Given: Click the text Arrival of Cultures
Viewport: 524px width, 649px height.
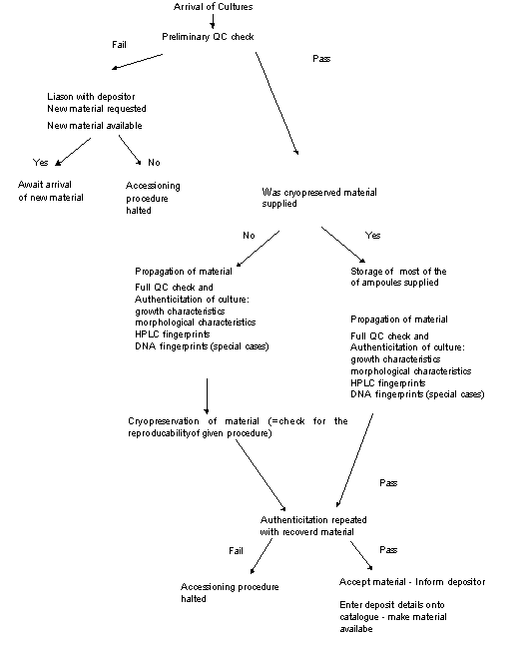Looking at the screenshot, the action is [x=213, y=7].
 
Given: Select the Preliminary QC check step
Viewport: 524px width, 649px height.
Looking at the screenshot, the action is [x=208, y=37].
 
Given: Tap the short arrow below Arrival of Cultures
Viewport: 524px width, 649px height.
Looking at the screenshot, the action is [x=213, y=22].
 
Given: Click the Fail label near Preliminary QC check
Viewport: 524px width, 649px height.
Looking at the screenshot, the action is [x=119, y=44].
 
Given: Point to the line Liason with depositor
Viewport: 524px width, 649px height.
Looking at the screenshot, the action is [x=91, y=97].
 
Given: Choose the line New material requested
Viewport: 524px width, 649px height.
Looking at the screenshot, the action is [x=97, y=109].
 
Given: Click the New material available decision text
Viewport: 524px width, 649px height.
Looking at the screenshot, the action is [x=95, y=126].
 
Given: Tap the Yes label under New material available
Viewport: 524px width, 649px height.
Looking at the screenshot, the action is [x=41, y=162].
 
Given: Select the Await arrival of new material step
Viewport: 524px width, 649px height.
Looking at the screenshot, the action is [x=51, y=191].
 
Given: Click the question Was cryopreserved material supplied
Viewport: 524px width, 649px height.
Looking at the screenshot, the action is [x=319, y=198].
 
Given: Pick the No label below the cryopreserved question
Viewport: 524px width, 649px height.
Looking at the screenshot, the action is [x=249, y=235].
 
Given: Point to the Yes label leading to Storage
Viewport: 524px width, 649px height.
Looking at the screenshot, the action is [x=373, y=235].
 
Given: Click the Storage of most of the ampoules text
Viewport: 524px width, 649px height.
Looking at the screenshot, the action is [x=398, y=277].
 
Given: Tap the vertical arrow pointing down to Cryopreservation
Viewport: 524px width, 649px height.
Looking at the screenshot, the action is [x=207, y=395].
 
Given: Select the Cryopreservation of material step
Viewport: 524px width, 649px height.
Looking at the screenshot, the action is [x=238, y=427].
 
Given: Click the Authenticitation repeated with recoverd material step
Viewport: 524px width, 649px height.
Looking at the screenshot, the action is [x=313, y=525].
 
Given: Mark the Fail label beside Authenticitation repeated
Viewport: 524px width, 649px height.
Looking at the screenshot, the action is [x=236, y=550].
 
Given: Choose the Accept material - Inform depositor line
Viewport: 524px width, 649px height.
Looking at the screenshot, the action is [x=412, y=582].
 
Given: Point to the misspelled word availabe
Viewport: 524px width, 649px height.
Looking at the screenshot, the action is [x=356, y=629].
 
